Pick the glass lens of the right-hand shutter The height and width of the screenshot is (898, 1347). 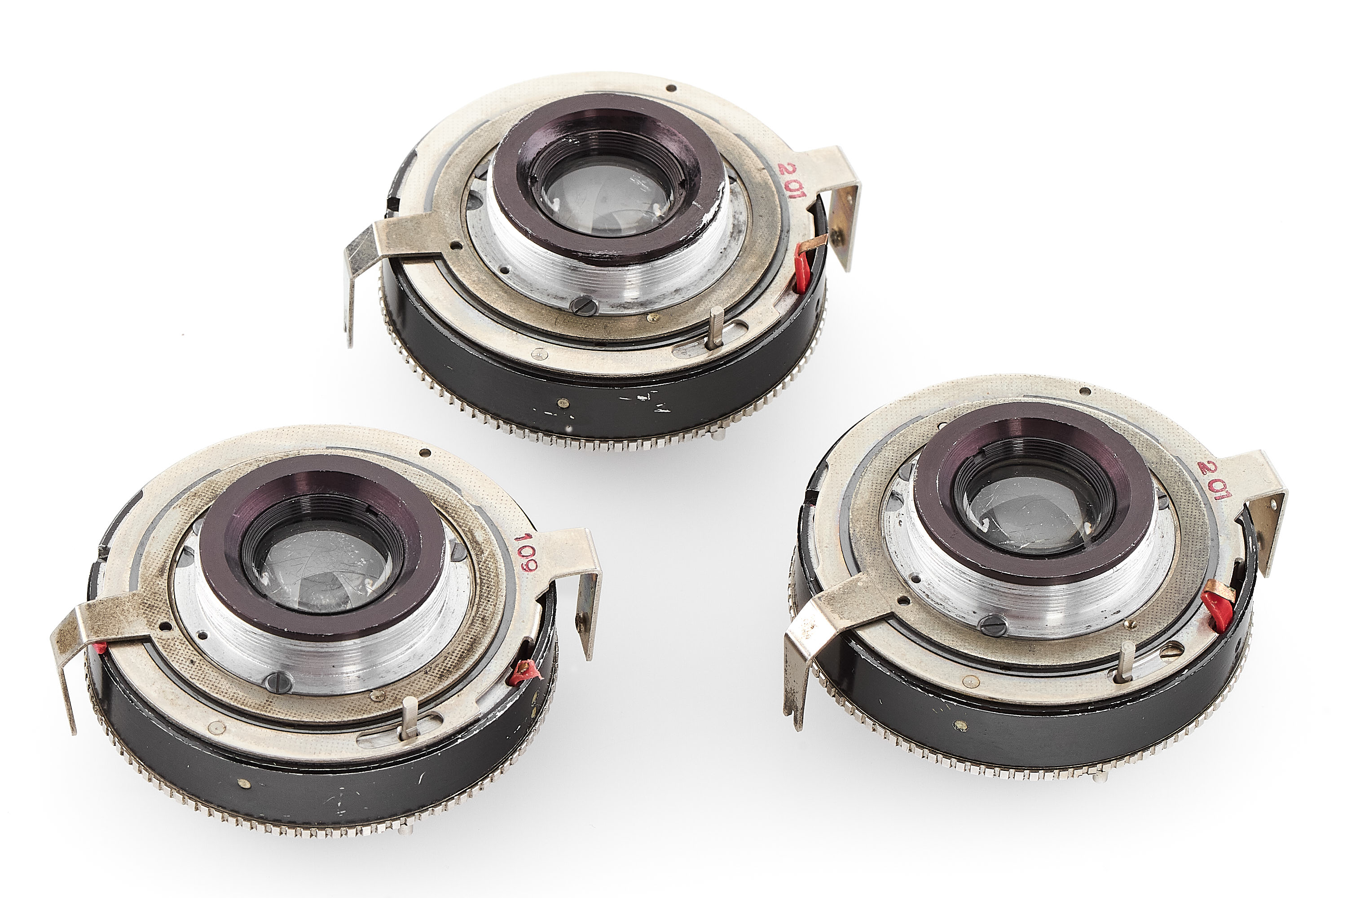[x=1038, y=515]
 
